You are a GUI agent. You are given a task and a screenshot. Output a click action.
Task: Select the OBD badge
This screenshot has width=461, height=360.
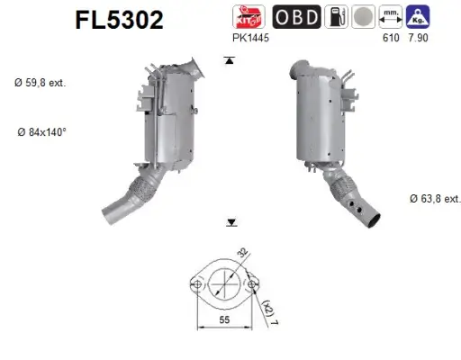pos(294,16)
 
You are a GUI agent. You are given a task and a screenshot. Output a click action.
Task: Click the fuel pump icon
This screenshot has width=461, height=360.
pos(337,16)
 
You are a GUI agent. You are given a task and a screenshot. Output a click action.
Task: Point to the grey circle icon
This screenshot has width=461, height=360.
pos(364,16)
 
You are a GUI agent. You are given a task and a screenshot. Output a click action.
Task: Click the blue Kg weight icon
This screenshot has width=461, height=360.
pos(417,15)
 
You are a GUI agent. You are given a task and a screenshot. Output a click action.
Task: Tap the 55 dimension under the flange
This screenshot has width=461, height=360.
pos(225,319)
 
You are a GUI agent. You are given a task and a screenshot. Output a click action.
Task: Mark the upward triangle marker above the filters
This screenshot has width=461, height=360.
pos(230,60)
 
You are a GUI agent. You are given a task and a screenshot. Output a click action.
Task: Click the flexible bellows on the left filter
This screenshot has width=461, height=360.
pos(143,191)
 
